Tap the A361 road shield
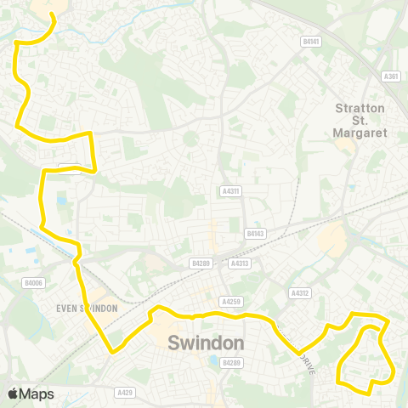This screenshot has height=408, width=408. click(x=391, y=76)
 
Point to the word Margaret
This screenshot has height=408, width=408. click(x=360, y=133)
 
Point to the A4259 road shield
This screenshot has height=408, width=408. click(x=229, y=301)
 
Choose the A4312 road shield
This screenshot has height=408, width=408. click(x=298, y=293)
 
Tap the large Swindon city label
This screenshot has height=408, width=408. click(x=207, y=343)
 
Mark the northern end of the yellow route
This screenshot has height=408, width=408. click(x=53, y=14)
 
